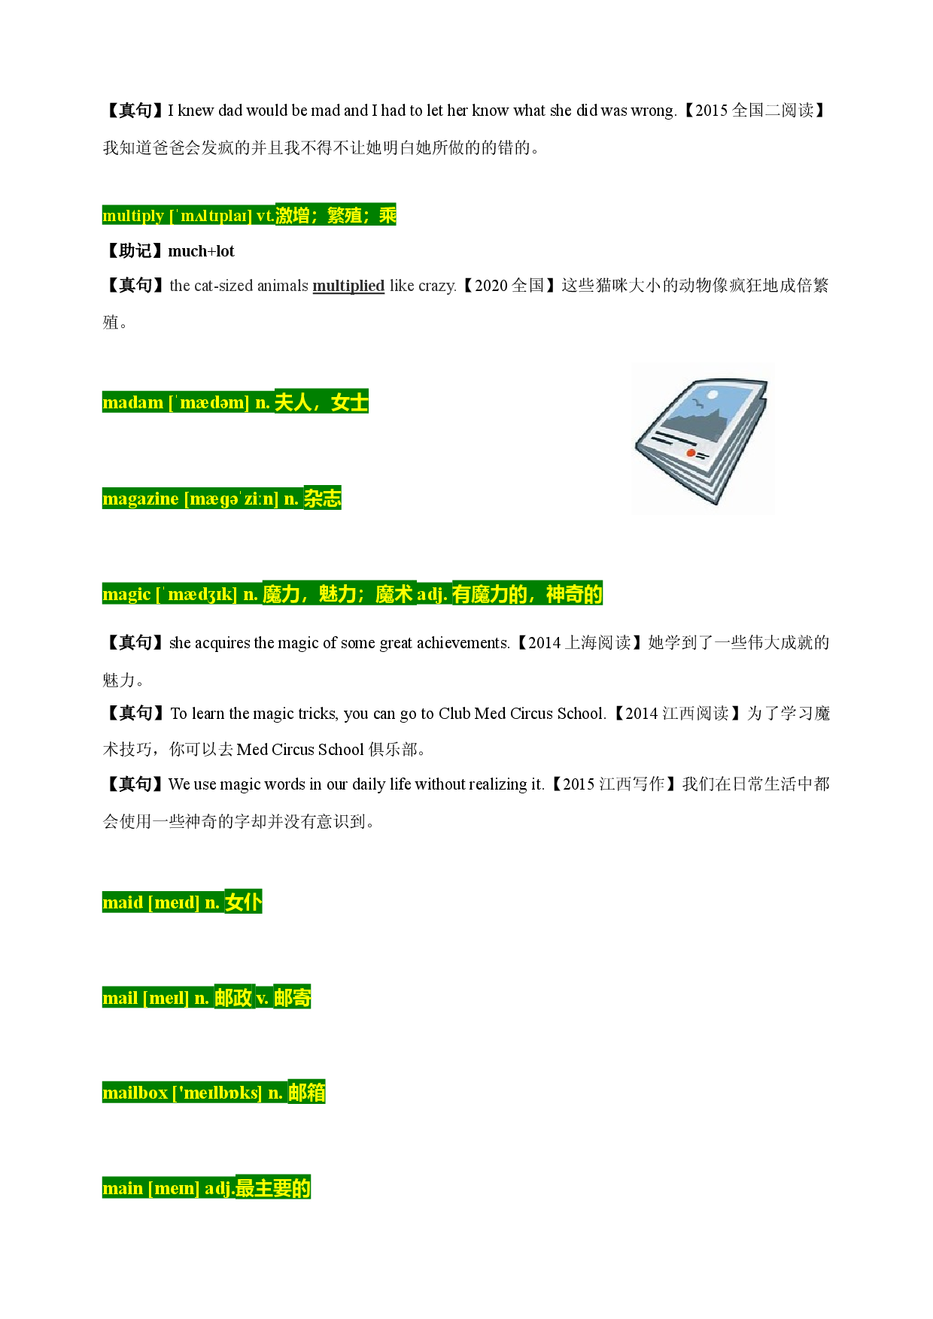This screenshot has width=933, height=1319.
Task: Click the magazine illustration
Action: [702, 439]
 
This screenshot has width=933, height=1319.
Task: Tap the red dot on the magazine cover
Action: [691, 453]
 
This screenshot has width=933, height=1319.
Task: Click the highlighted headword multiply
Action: [133, 216]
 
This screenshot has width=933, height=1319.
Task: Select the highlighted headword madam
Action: [133, 402]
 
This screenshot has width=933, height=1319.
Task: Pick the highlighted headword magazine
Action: [141, 499]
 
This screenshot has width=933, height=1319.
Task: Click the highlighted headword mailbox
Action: [135, 1093]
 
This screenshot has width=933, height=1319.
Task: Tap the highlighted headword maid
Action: [123, 902]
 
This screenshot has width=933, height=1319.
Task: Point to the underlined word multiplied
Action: [348, 286]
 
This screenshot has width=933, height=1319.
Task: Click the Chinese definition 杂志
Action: [323, 499]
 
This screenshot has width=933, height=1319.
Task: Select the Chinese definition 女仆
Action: [244, 902]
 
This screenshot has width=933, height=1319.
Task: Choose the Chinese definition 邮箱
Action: [307, 1093]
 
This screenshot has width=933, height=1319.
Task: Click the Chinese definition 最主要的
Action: [273, 1188]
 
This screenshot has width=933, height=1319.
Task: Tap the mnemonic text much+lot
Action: [202, 251]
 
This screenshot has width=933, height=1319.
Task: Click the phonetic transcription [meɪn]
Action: [174, 1188]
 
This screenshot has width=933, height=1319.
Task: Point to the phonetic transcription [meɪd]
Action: [174, 902]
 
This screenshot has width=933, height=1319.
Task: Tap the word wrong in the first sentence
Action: [654, 111]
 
